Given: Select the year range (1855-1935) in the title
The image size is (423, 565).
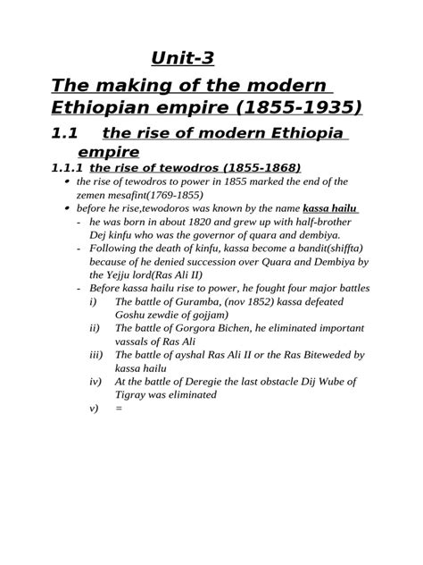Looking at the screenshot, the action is point(276,108).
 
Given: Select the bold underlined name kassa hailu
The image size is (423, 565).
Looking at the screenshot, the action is point(331,207).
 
